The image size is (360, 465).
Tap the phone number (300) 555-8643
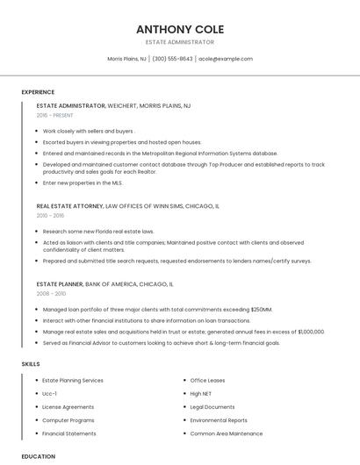[x=172, y=59]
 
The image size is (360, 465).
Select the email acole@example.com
[x=226, y=59]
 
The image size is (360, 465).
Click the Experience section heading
[x=38, y=92]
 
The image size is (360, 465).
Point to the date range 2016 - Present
[x=54, y=115]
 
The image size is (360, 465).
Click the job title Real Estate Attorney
[x=69, y=205]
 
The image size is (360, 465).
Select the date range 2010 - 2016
[x=50, y=215]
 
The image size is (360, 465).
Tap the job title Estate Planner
[x=60, y=284]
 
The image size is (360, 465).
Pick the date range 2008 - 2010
[x=50, y=294]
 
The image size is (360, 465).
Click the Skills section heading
[x=31, y=363]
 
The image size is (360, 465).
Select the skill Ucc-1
[x=49, y=394]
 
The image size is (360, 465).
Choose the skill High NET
[x=200, y=394]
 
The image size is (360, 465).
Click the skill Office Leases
[x=207, y=380]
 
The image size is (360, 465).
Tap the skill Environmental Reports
[x=219, y=420]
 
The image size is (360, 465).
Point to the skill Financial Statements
[x=69, y=433]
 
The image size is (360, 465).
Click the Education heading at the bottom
[x=38, y=456]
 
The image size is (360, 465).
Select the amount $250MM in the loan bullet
[x=262, y=310]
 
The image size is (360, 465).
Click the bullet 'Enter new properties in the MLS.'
[x=83, y=182]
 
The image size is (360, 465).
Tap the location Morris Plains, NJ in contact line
[x=126, y=59]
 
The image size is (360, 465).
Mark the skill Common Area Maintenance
[x=226, y=433]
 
